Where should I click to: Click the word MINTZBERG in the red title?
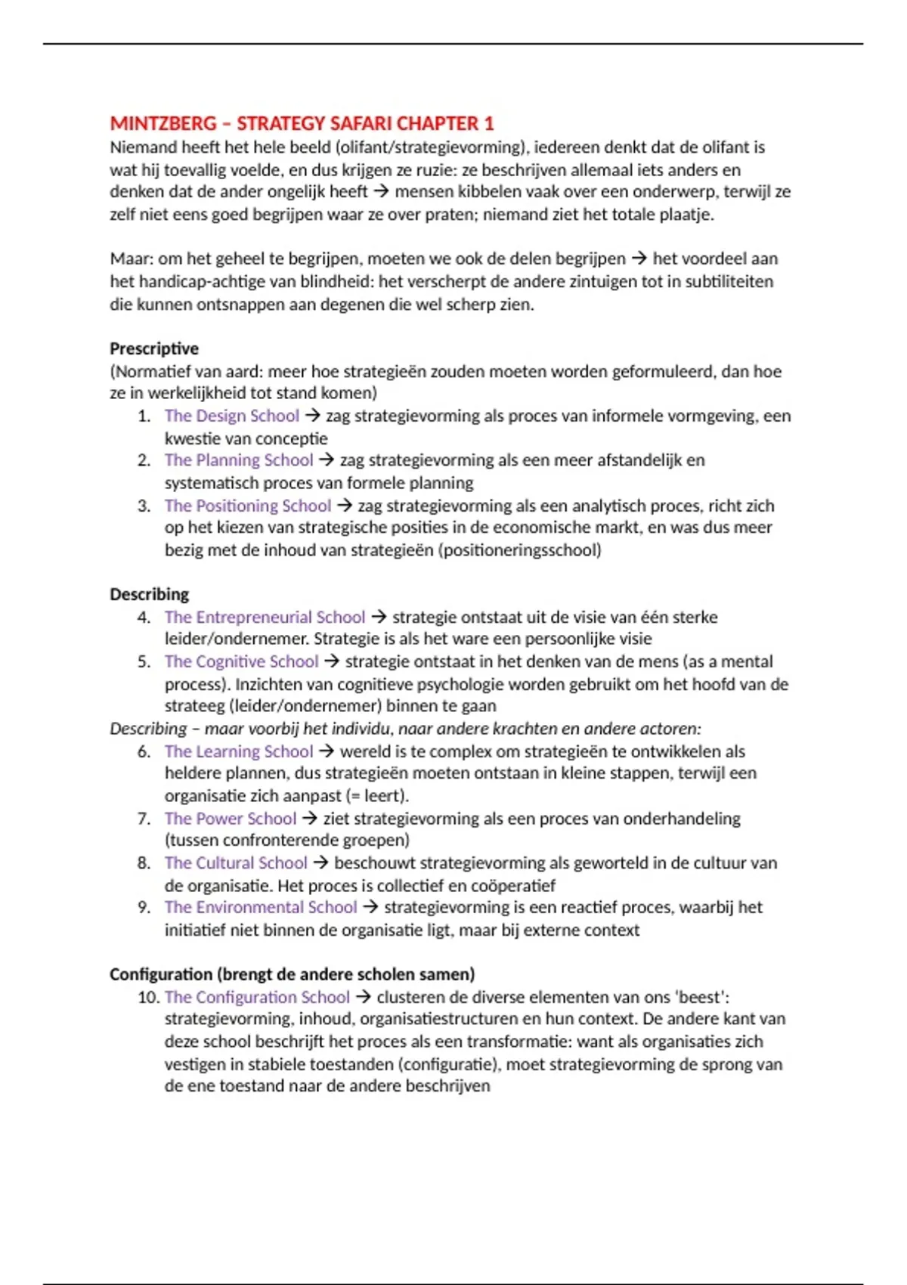(163, 123)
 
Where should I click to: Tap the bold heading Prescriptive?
(154, 348)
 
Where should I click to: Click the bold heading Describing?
(149, 594)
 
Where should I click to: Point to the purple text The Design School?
(231, 416)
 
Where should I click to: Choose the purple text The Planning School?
(238, 460)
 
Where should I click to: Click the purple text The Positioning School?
(247, 506)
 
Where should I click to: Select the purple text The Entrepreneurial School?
(265, 617)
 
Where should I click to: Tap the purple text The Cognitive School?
(241, 661)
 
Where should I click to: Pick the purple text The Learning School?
(238, 751)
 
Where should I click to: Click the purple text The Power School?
(230, 819)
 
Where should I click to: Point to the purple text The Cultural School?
(236, 863)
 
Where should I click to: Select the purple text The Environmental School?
(260, 907)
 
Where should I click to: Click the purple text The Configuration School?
(257, 997)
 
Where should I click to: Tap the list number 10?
(147, 997)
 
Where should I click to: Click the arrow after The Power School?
(309, 819)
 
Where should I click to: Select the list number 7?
(144, 819)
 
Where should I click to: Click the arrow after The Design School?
(312, 416)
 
